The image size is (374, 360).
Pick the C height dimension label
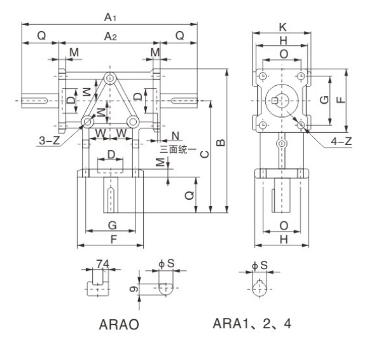tap(202, 155)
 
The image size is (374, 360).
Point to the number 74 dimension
tap(101, 262)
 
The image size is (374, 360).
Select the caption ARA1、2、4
tap(252, 323)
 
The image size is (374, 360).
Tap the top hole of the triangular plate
tap(111, 78)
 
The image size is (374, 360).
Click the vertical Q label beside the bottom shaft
tap(190, 196)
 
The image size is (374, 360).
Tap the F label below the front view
tap(112, 240)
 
